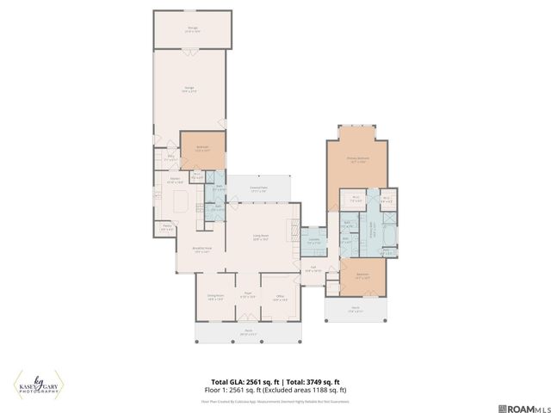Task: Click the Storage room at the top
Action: (192, 29)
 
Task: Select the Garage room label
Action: (189, 89)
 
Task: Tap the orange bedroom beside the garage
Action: (202, 148)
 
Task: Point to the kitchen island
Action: (182, 202)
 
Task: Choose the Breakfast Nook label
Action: (202, 251)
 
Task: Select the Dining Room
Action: (215, 298)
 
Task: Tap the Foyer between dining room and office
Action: (247, 298)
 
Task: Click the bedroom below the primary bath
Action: (362, 277)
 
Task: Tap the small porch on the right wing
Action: (356, 311)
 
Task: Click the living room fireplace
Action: (299, 215)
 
